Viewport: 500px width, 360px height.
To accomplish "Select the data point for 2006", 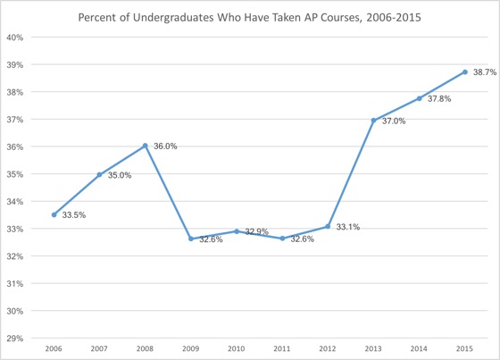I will [54, 214].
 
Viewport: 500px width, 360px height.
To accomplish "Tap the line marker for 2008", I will [146, 146].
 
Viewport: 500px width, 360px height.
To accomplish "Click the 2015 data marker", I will [465, 72].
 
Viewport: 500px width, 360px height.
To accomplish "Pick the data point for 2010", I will [237, 230].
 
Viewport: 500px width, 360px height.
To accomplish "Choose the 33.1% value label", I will [348, 228].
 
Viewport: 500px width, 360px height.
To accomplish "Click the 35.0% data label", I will [120, 176].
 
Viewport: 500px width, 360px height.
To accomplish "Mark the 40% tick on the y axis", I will [18, 38].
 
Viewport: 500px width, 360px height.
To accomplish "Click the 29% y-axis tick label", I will [18, 339].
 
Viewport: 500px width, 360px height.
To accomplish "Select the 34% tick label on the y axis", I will [18, 202].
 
